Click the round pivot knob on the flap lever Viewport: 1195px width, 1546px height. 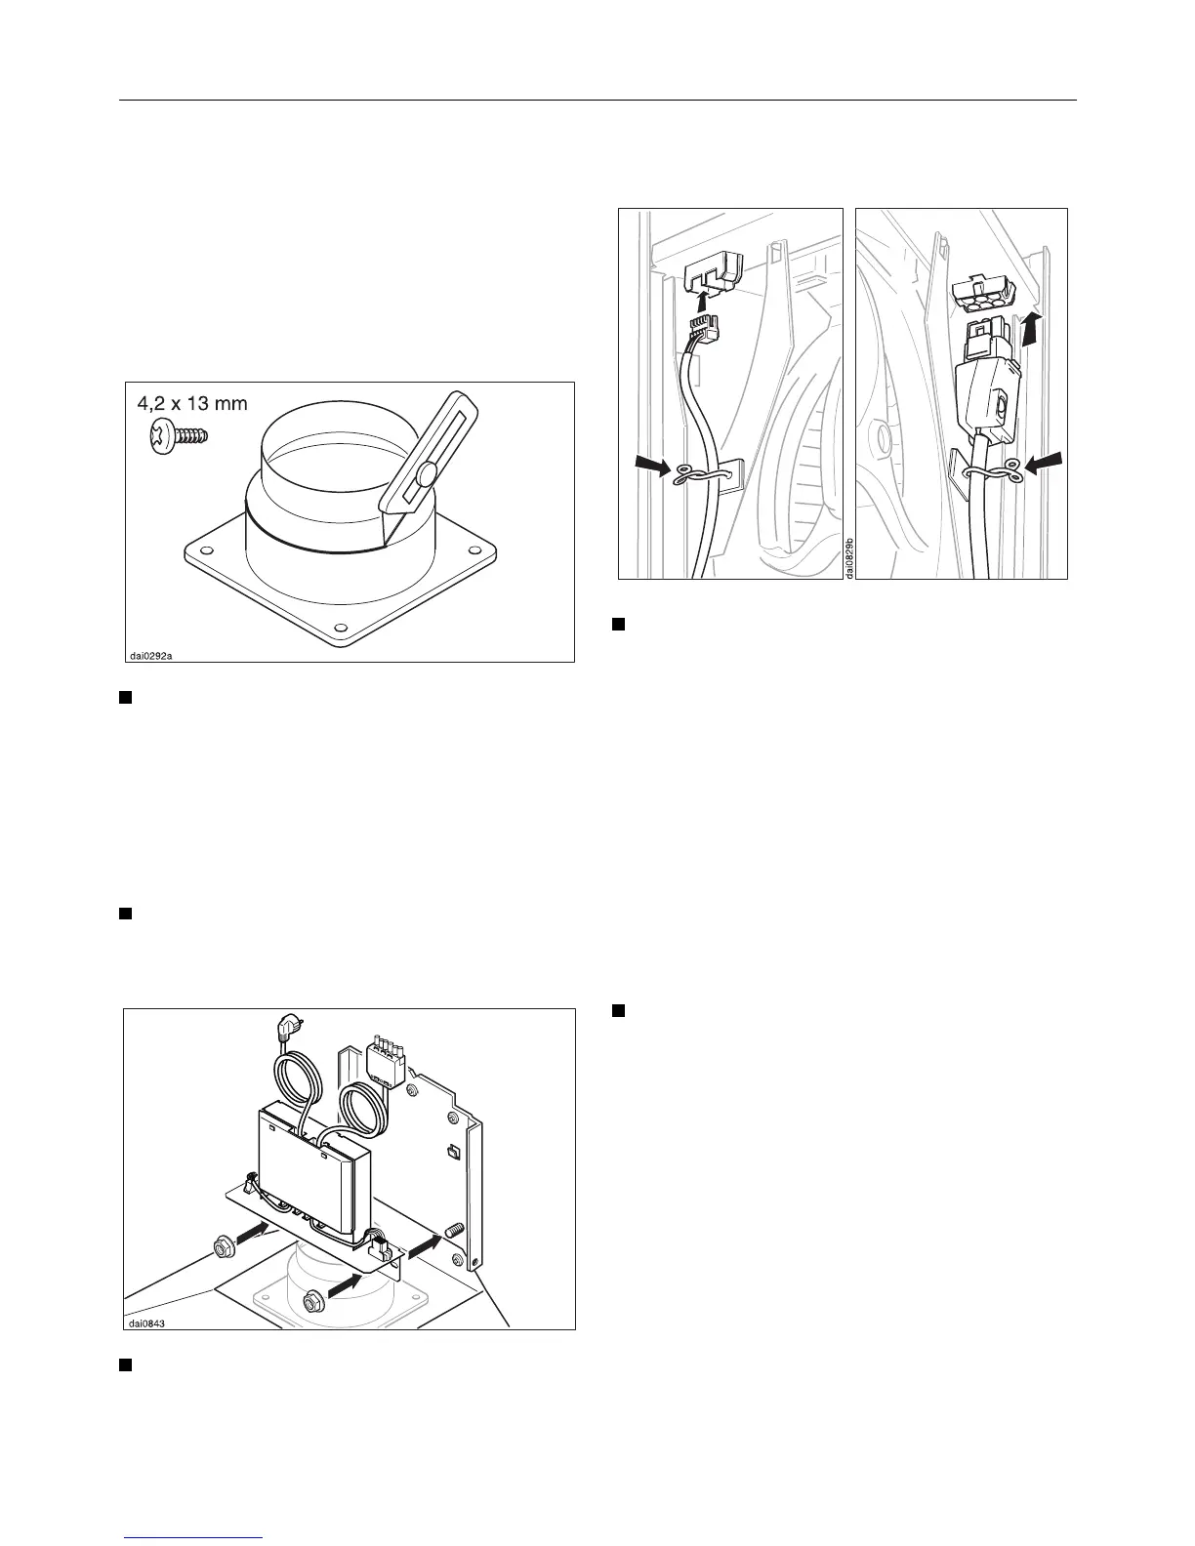click(x=425, y=476)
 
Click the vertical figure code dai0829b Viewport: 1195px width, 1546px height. click(x=849, y=557)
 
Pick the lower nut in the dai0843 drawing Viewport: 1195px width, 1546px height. click(x=314, y=1299)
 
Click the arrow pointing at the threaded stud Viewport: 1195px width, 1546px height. click(x=426, y=1245)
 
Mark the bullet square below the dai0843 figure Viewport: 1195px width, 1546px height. click(x=125, y=1363)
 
